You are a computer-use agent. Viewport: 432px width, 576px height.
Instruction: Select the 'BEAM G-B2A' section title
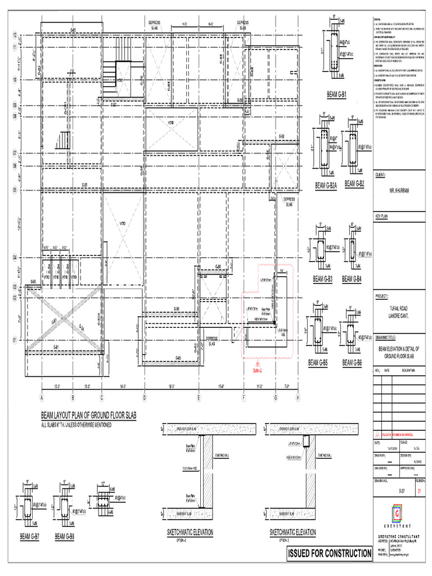[326, 184]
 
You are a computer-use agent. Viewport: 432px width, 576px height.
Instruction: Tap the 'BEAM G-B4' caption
[353, 279]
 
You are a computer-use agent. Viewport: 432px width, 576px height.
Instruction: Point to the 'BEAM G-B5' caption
[318, 363]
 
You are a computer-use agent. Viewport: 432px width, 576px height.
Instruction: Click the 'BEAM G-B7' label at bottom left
[29, 537]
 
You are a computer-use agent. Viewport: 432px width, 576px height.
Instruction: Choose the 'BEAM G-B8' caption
[64, 537]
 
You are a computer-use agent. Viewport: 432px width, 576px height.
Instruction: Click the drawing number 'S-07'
[401, 491]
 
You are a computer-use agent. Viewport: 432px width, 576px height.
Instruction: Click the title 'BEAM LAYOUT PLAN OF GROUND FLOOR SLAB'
[88, 415]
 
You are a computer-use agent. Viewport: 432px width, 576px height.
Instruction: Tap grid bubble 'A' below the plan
[41, 398]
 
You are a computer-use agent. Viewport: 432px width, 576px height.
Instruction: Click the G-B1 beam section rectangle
[330, 56]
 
